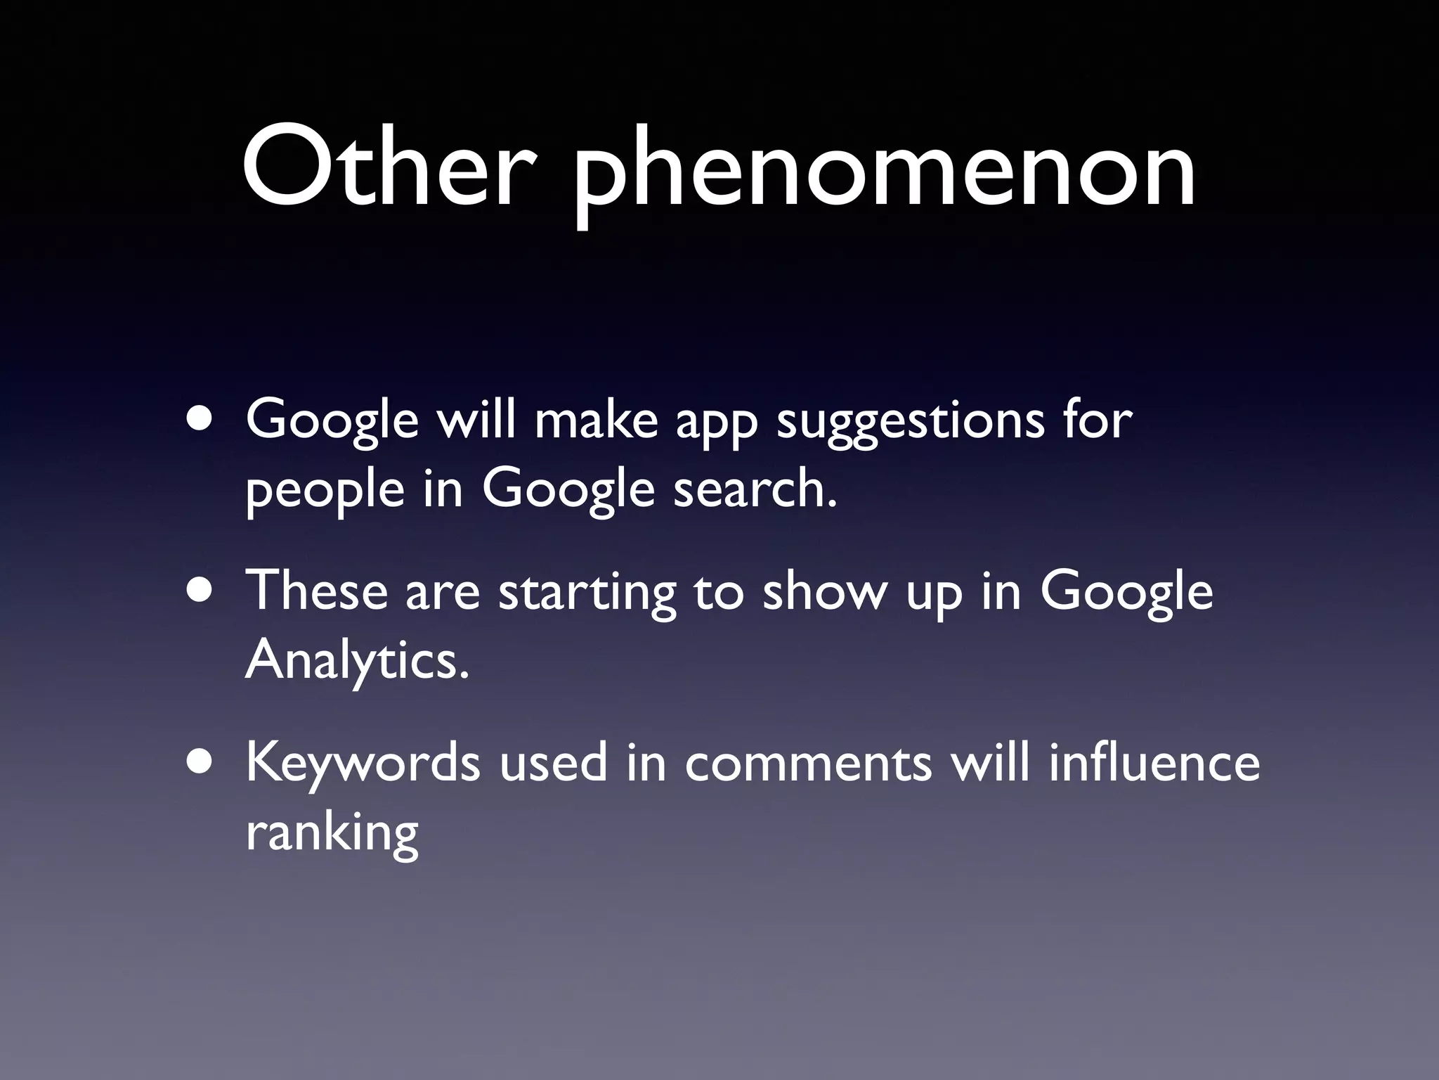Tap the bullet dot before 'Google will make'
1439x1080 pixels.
coord(202,420)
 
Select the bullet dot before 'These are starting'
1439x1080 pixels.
coord(202,591)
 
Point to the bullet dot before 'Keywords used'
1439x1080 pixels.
coord(202,764)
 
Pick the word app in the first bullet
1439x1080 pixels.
coord(716,424)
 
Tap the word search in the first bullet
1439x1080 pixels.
coord(755,489)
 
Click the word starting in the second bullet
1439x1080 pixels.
coord(586,594)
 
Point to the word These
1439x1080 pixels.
coord(316,591)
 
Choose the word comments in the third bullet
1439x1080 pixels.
coord(808,764)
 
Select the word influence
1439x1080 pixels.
coord(1154,762)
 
